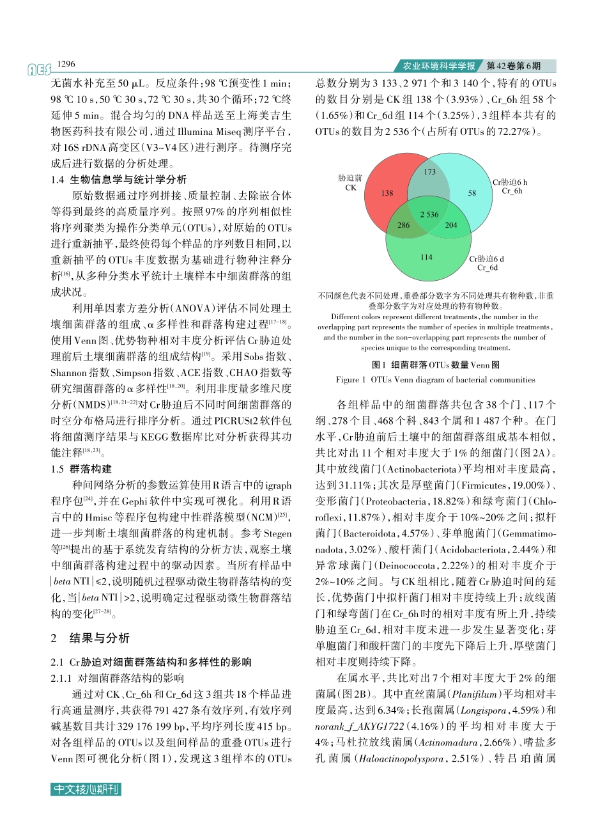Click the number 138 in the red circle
[387, 193]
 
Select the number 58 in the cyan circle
[472, 193]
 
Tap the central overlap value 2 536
[429, 214]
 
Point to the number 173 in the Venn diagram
[430, 172]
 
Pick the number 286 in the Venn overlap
[404, 225]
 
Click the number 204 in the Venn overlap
[451, 225]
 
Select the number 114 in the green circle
[426, 257]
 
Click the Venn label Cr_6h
[512, 191]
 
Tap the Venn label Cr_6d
[488, 267]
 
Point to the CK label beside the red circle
[350, 188]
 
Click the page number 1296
[66, 64]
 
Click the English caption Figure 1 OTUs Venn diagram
[435, 379]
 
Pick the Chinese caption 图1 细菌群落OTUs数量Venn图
[436, 365]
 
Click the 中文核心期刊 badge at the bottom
[86, 789]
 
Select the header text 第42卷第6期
[514, 66]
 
